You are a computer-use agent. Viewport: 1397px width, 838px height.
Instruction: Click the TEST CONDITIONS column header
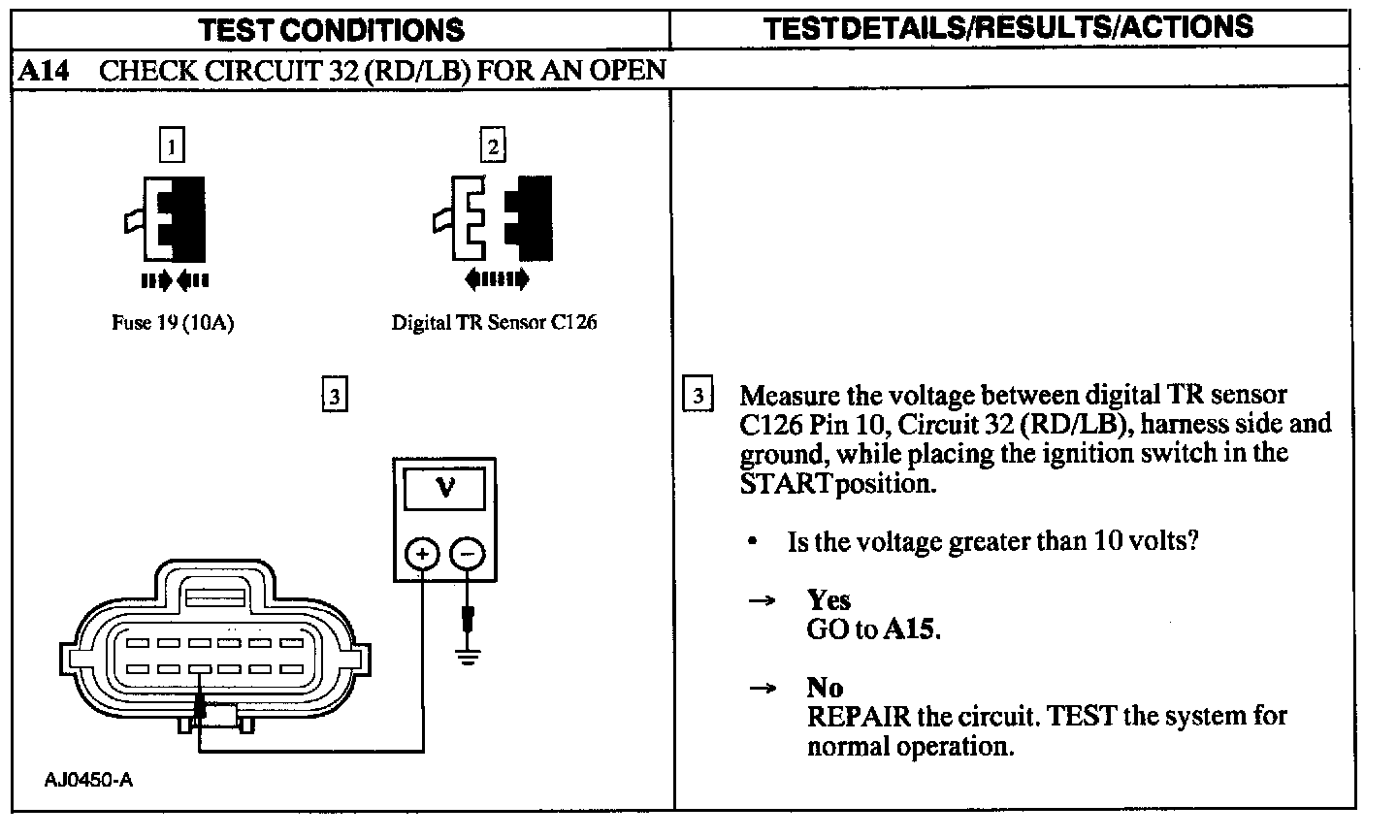[332, 29]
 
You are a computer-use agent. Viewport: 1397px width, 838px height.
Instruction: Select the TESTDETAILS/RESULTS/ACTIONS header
[1009, 27]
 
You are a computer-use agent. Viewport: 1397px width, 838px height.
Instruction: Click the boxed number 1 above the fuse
[171, 146]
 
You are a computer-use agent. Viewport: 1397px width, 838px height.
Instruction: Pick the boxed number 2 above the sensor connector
[494, 146]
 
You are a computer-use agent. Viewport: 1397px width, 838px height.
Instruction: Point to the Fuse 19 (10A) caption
[173, 323]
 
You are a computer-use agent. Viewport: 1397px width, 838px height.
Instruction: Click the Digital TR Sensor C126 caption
[494, 323]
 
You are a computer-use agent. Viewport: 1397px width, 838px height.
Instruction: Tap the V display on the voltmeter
[444, 487]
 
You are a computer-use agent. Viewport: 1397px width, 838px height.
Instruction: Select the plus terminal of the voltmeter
[422, 554]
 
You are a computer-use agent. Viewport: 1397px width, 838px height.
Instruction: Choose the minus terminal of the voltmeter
[468, 554]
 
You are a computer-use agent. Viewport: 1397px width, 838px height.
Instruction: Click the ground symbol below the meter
[469, 657]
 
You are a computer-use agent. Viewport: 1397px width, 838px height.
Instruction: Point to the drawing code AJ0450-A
[88, 780]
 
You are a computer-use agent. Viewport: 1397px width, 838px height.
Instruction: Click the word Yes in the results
[828, 600]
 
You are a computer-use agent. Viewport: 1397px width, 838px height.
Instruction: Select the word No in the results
[825, 688]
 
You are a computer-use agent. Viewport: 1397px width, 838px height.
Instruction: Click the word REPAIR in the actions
[859, 717]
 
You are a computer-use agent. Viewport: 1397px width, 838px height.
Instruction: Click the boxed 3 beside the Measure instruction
[698, 396]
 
